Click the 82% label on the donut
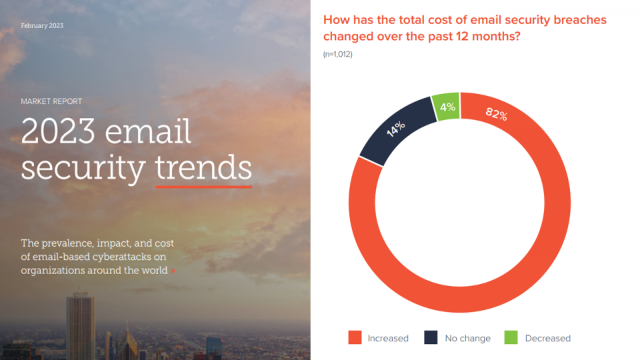click(x=496, y=114)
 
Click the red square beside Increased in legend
click(x=355, y=338)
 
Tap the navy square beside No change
click(x=431, y=338)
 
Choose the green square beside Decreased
click(x=511, y=338)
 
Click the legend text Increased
click(x=388, y=338)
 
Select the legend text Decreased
click(x=547, y=338)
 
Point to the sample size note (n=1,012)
click(x=337, y=54)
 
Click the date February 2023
click(x=42, y=25)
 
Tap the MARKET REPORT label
click(x=51, y=101)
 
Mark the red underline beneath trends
click(x=203, y=186)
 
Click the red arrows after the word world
click(x=173, y=271)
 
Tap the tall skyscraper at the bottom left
click(x=79, y=327)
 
